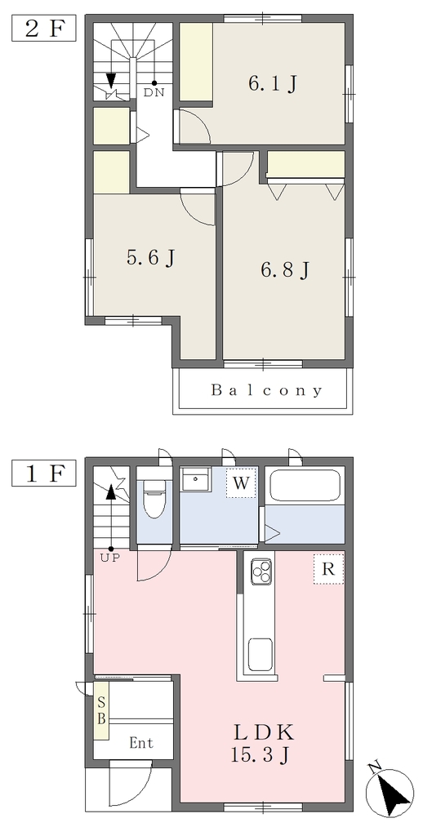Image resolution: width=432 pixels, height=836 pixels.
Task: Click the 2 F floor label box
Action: (44, 29)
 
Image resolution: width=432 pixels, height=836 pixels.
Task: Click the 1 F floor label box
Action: (44, 474)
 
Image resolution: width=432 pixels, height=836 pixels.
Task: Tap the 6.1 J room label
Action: (272, 84)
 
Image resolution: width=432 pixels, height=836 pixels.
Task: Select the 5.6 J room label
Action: (151, 259)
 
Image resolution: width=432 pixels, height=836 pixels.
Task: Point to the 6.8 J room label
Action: (285, 271)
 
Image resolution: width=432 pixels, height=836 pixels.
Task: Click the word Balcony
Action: (267, 391)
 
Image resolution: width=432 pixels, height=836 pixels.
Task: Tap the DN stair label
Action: (154, 92)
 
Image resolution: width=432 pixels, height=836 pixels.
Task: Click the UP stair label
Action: (110, 558)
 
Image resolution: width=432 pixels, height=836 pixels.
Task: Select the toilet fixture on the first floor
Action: (154, 499)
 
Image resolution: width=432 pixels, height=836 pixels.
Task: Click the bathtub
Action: (304, 486)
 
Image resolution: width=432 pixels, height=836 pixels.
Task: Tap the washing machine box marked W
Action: (241, 483)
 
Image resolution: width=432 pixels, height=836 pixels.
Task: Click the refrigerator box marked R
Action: (328, 569)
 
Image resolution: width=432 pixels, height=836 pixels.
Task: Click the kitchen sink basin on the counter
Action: (261, 654)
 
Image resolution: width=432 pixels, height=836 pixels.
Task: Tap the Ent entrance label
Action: (141, 743)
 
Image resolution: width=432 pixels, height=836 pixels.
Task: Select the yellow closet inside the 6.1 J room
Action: (196, 61)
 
